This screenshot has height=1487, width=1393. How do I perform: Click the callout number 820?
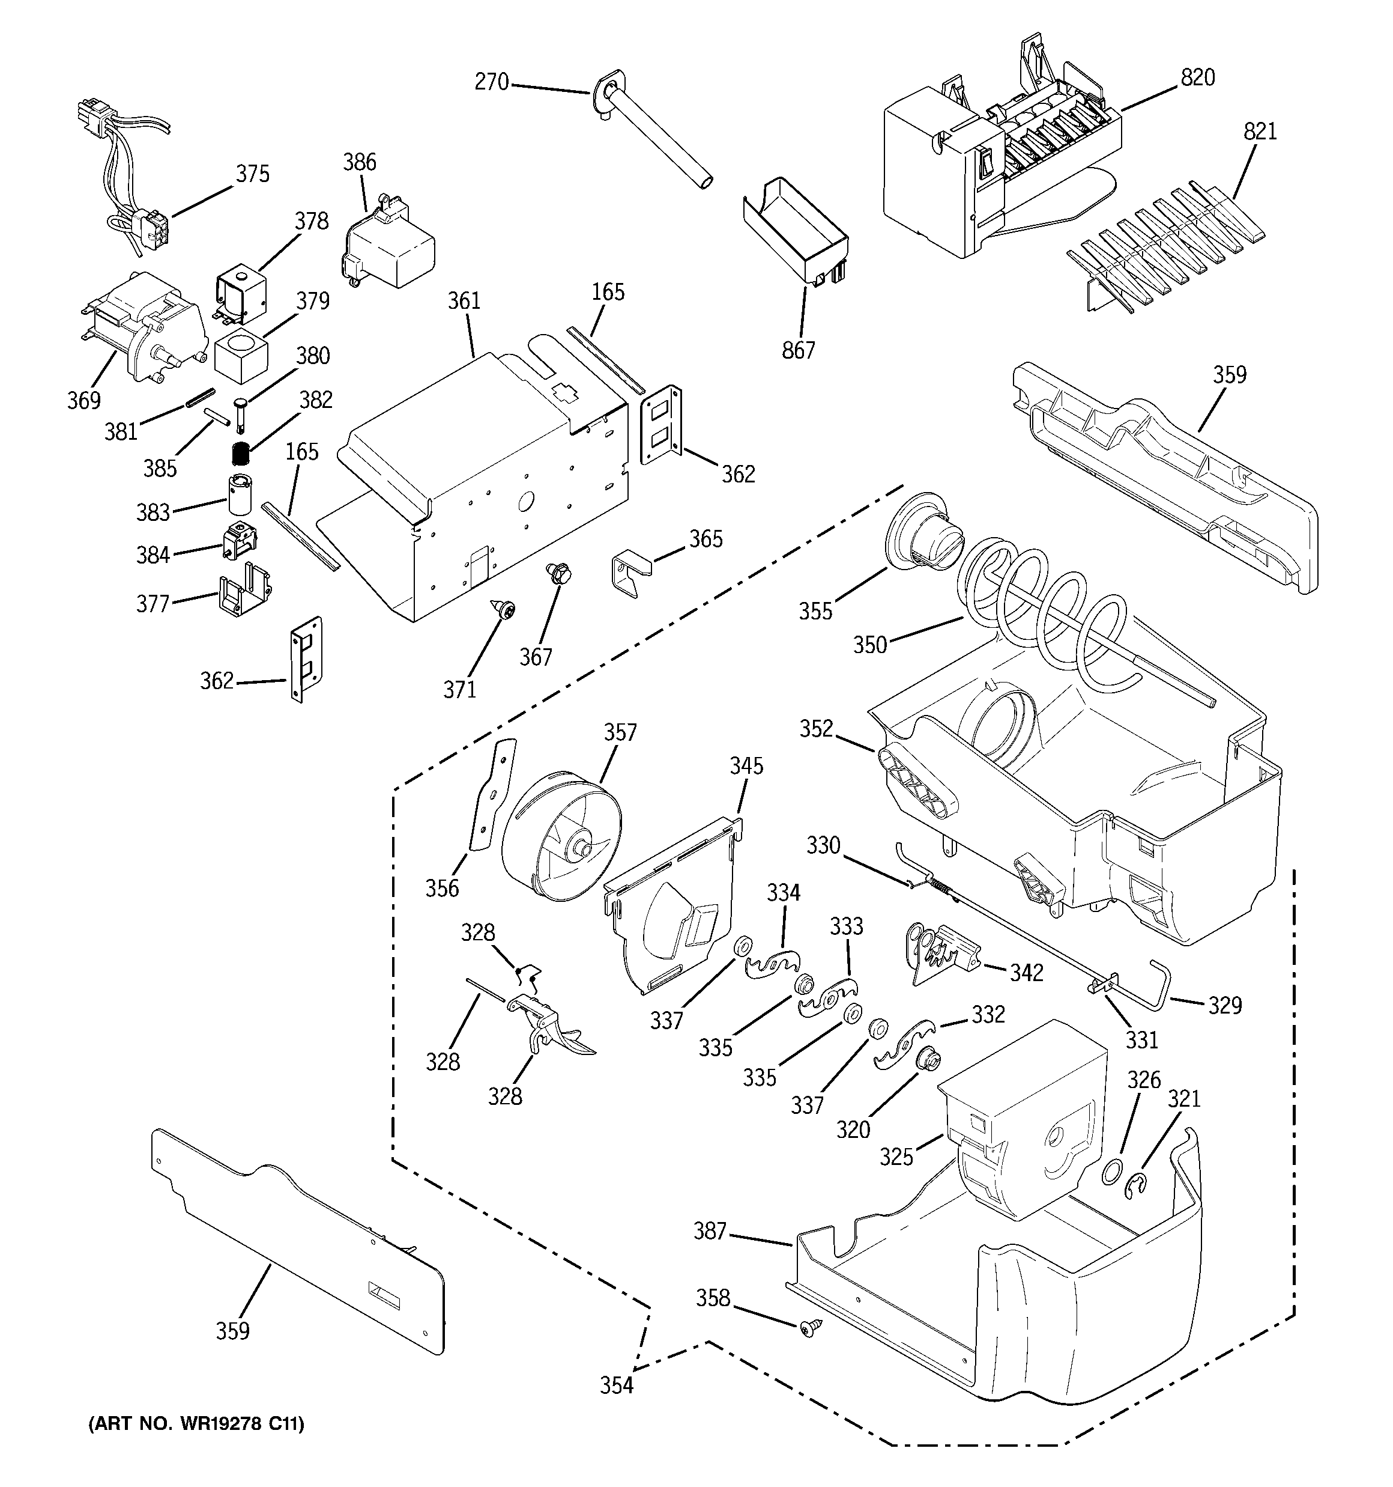coord(1197,77)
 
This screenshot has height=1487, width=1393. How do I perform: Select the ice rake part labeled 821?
coord(1167,247)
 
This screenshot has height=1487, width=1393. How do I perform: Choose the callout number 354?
coord(616,1385)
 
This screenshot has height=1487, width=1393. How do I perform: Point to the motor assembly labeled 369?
coord(142,329)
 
